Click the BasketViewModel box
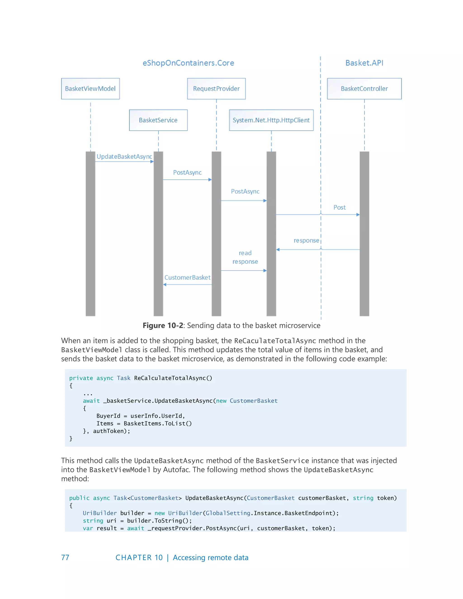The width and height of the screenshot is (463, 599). [x=90, y=89]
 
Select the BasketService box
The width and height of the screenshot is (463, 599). [x=158, y=120]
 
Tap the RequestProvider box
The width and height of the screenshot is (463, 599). [x=216, y=89]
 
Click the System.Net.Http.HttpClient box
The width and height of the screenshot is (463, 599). [x=271, y=120]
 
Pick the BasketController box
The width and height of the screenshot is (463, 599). [x=364, y=89]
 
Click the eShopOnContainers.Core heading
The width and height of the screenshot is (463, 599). [x=188, y=63]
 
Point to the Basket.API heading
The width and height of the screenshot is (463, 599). [x=364, y=63]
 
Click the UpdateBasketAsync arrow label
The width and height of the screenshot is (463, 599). [x=124, y=157]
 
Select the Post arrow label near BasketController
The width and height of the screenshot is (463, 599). [x=339, y=207]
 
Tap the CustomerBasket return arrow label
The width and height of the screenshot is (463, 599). [x=187, y=278]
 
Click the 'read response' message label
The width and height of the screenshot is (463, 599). [x=245, y=257]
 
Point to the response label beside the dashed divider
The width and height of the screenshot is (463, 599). [x=306, y=241]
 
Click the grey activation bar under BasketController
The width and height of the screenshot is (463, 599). [x=364, y=233]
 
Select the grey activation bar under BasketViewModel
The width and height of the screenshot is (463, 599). [x=90, y=233]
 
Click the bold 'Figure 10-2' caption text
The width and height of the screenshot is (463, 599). [x=163, y=325]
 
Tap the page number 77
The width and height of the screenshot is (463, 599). [x=65, y=558]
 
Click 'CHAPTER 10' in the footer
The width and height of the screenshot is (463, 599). [x=139, y=558]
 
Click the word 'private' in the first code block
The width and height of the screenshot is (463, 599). [x=81, y=378]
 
